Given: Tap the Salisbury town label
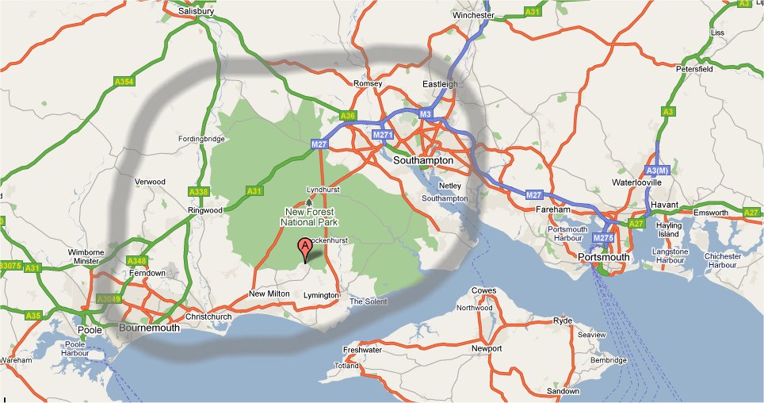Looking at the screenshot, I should [198, 12].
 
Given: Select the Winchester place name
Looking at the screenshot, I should [473, 15].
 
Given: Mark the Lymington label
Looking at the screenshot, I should [321, 296].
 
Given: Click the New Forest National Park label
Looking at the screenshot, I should [308, 217].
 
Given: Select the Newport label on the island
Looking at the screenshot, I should [486, 349].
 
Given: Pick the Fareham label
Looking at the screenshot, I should [552, 209].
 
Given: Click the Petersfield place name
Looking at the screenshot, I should [695, 70].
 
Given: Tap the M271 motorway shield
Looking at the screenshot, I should [383, 135].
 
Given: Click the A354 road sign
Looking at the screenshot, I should [124, 81].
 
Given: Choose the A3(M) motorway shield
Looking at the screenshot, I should [658, 171].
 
